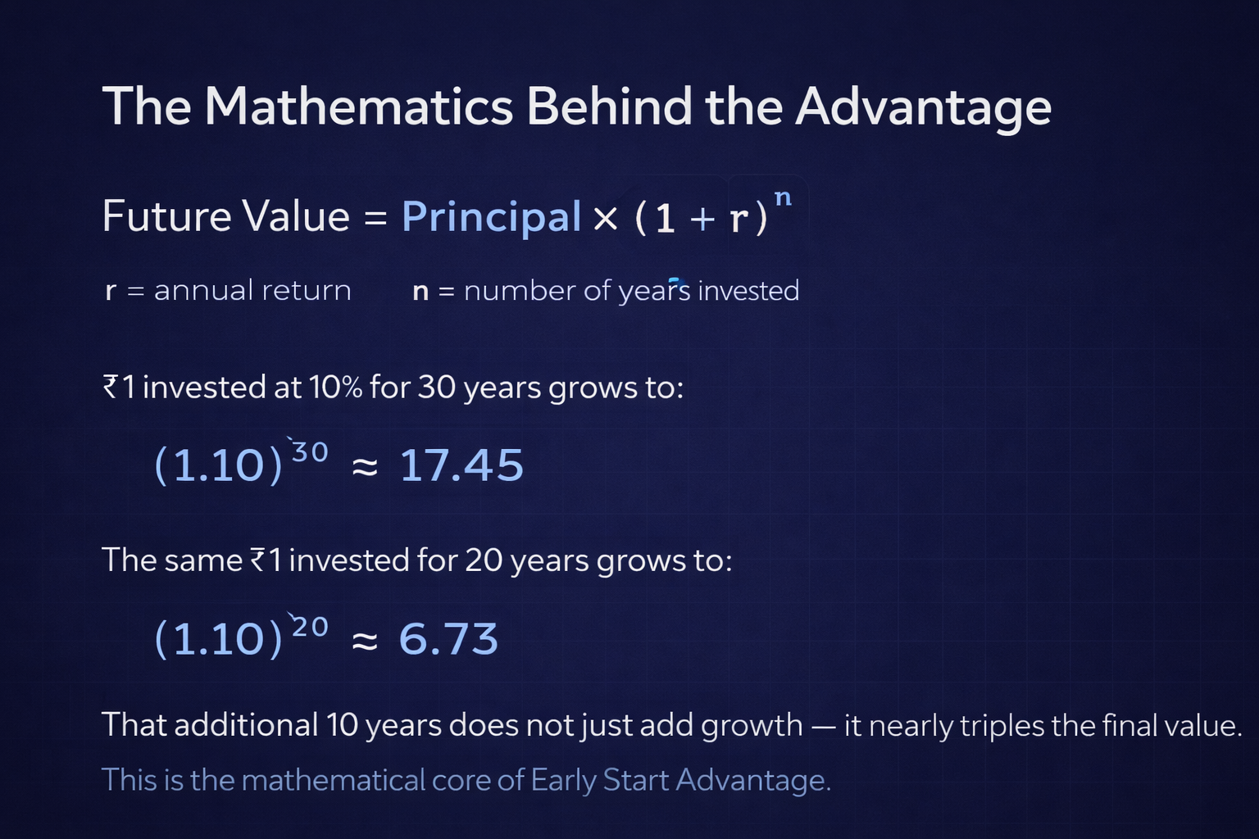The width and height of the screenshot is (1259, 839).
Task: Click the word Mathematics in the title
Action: point(358,107)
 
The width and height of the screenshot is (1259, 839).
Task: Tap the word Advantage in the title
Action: point(923,108)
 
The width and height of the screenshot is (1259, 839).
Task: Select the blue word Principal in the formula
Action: point(491,217)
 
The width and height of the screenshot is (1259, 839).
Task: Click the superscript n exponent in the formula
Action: point(783,197)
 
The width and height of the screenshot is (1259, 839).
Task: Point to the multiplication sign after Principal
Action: point(606,219)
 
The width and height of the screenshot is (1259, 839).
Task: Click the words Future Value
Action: point(226,217)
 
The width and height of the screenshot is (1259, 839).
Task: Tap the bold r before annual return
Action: point(111,291)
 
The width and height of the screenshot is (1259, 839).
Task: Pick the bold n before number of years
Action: point(420,291)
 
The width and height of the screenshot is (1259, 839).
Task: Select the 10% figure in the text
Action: point(335,387)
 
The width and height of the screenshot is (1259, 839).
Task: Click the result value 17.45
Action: point(461,465)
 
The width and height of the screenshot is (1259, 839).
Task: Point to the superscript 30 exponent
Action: point(310,452)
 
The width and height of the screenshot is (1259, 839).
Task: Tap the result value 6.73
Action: point(448,639)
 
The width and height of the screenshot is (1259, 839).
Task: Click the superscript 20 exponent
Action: point(310,627)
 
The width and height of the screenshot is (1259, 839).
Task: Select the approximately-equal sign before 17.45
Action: point(365,467)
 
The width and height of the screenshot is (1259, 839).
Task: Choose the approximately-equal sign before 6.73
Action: point(365,641)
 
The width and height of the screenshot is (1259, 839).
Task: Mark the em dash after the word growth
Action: point(823,726)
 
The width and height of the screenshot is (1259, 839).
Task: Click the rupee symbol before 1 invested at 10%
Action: point(111,387)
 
